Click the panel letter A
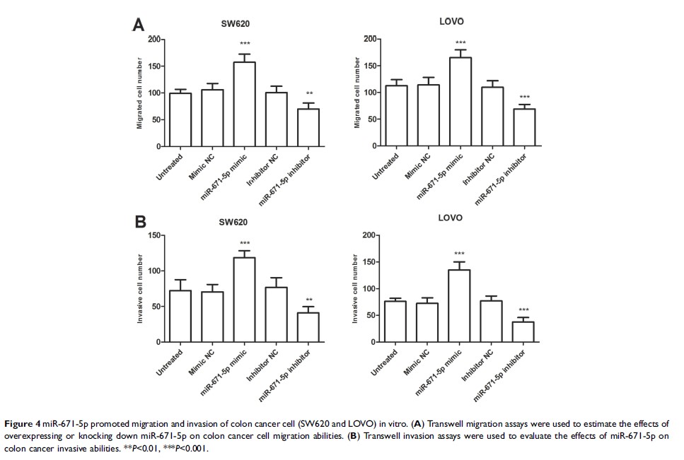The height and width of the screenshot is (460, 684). [x=139, y=25]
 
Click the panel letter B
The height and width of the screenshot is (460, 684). [x=140, y=221]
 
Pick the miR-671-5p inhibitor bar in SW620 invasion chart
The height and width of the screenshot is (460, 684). [x=308, y=327]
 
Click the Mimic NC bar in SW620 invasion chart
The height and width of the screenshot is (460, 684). [x=213, y=317]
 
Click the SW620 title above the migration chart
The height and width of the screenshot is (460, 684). [x=235, y=24]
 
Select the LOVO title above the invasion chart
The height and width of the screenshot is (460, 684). [x=451, y=218]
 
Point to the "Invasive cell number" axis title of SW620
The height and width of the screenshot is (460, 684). [x=139, y=290]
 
